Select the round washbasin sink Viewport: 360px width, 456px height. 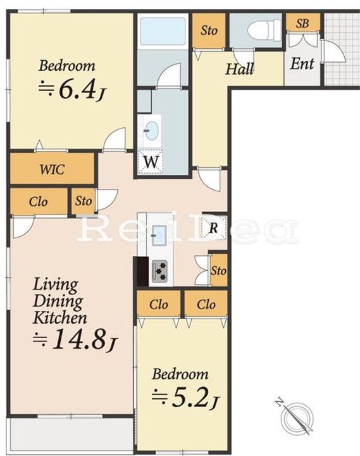(x=151, y=130)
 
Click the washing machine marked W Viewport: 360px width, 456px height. (x=150, y=161)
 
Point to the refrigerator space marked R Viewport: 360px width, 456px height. (x=214, y=227)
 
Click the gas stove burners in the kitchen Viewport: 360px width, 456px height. (x=160, y=271)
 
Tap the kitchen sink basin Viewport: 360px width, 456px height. (x=159, y=235)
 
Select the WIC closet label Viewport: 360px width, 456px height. (x=53, y=170)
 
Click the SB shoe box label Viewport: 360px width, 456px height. (x=302, y=23)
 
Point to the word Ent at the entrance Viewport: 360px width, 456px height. (x=302, y=64)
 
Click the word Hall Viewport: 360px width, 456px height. (x=240, y=69)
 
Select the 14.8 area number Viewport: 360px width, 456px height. (x=82, y=339)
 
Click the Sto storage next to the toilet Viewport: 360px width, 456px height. (x=209, y=30)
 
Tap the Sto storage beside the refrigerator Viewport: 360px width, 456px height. (x=218, y=270)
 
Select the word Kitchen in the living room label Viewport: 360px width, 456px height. (x=60, y=318)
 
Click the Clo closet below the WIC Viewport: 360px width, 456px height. (x=39, y=202)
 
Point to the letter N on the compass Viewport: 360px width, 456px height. (x=279, y=403)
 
